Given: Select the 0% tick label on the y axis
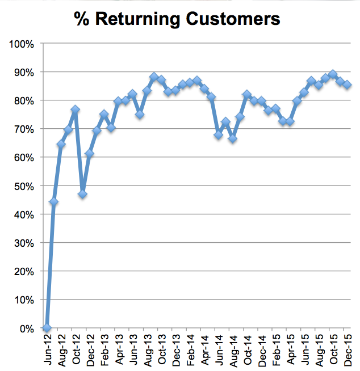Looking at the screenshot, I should click(x=27, y=328).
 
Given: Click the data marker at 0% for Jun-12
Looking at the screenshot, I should click(x=47, y=328).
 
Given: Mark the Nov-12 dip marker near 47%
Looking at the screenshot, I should click(x=82, y=194).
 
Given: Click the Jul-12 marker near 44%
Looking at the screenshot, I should click(x=54, y=202).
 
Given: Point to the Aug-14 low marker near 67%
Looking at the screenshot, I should click(x=233, y=138).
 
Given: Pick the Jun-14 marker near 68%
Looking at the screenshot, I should click(x=219, y=135).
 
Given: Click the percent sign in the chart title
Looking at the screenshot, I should click(x=81, y=19).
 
